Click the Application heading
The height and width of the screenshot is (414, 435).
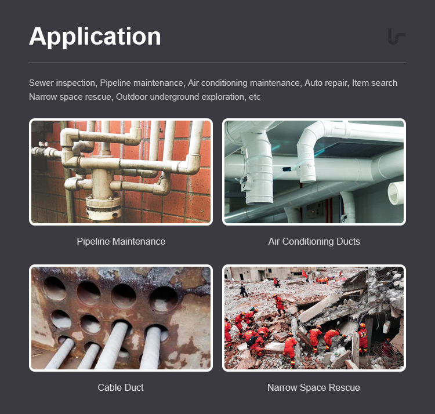[95, 37]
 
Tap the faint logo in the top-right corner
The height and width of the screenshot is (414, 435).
[397, 36]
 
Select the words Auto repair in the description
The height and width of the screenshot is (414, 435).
[326, 83]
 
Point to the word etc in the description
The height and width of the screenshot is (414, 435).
[255, 97]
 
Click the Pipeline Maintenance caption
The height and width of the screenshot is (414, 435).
[121, 241]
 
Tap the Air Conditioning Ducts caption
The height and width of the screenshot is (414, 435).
[314, 241]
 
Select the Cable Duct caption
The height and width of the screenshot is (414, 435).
[121, 387]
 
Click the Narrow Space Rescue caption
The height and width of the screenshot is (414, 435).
[314, 387]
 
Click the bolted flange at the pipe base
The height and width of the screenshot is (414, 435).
[103, 206]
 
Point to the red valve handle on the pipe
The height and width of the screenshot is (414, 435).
[43, 144]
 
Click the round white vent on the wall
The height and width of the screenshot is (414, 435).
[396, 193]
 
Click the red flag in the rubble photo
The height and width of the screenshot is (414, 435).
[304, 274]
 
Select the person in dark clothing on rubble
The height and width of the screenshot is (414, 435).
[244, 291]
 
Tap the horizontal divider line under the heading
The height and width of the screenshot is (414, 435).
[217, 63]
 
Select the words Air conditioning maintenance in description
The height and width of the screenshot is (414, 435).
[245, 83]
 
